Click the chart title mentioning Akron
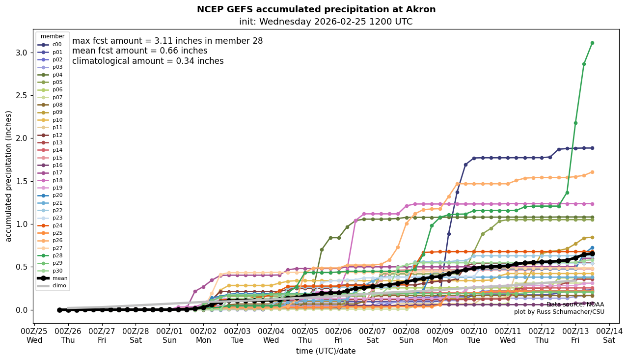[316, 9]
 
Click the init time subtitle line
[326, 22]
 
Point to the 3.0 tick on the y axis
[23, 53]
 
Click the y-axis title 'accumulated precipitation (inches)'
[9, 176]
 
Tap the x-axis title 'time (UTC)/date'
[326, 351]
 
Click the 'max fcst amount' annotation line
[167, 41]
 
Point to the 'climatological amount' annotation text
[148, 61]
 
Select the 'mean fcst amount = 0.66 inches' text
[139, 51]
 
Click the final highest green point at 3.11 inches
[592, 43]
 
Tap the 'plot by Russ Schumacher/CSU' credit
[559, 312]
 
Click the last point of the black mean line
[592, 253]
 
